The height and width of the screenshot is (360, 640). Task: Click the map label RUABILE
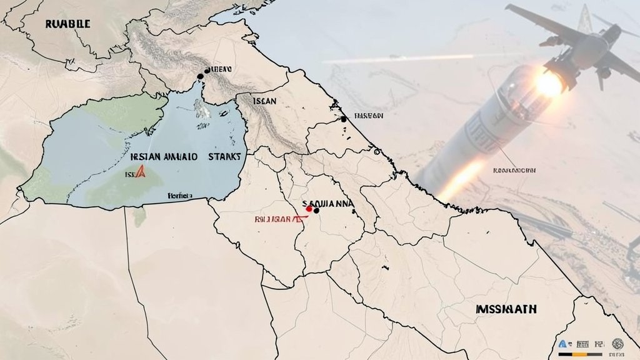(67, 24)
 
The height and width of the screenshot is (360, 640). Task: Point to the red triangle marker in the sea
(140, 172)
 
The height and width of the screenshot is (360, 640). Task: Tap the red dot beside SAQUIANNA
(309, 209)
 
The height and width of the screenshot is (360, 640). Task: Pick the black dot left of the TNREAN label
(343, 119)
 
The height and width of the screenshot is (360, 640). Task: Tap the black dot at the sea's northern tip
(200, 76)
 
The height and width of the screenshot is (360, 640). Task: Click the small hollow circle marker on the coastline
(377, 151)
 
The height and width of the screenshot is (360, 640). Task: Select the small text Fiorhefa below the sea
(181, 196)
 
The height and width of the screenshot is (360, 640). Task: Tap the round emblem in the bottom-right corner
(617, 343)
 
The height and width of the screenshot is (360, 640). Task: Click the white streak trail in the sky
(400, 59)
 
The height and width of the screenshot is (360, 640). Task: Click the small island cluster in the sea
(201, 111)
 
